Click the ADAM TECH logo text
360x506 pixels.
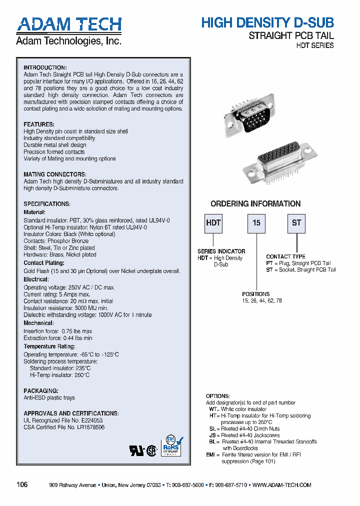pos(69,24)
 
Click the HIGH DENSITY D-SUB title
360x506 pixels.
pos(267,22)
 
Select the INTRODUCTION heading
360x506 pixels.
pos(45,67)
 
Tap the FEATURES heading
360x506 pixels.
pos(39,124)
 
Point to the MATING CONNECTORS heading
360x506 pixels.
pos(55,174)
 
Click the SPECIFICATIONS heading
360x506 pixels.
pos(47,204)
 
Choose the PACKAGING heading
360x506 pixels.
pos(41,390)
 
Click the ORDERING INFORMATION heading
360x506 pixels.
pos(255,204)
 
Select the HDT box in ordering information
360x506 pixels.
pos(213,223)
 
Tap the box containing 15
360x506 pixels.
pos(256,223)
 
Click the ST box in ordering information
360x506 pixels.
pos(296,223)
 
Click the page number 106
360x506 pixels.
pos(22,485)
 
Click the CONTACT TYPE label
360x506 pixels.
pos(285,256)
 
